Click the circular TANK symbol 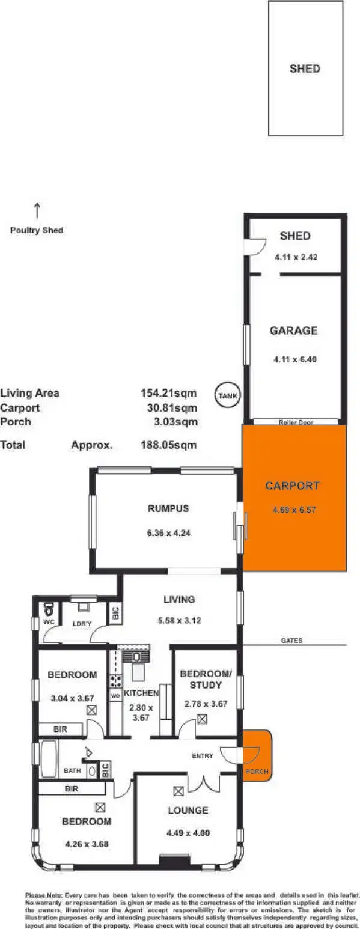[x=228, y=395]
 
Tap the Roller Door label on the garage [x=296, y=422]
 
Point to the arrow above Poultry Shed [x=37, y=210]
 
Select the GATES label [x=291, y=641]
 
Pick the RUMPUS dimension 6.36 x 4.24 [x=168, y=532]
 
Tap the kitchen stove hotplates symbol [x=115, y=681]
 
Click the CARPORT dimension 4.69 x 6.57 [x=294, y=510]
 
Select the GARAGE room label [x=293, y=330]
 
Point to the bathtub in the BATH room [x=49, y=758]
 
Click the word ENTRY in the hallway [x=203, y=755]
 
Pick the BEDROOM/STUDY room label [x=201, y=679]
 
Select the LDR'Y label [x=82, y=623]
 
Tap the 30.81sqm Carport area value [x=177, y=408]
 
